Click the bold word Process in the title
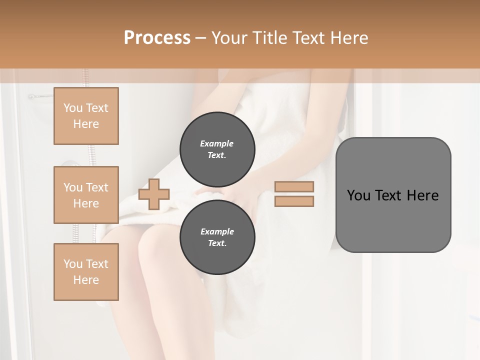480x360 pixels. click(x=157, y=38)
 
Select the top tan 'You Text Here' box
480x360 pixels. click(x=86, y=116)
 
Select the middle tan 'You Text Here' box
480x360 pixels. click(x=86, y=195)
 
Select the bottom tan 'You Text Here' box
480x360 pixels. click(x=86, y=272)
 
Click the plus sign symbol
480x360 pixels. click(x=154, y=194)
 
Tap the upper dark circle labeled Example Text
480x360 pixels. click(x=217, y=149)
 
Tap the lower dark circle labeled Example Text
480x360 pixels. click(x=217, y=237)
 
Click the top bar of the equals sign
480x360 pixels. click(x=294, y=187)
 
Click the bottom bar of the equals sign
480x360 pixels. click(x=294, y=201)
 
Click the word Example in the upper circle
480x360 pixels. click(x=217, y=143)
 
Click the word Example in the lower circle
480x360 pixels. click(x=217, y=231)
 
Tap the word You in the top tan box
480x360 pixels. click(x=73, y=108)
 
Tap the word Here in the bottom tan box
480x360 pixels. click(x=86, y=280)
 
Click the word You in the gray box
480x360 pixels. click(x=358, y=195)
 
